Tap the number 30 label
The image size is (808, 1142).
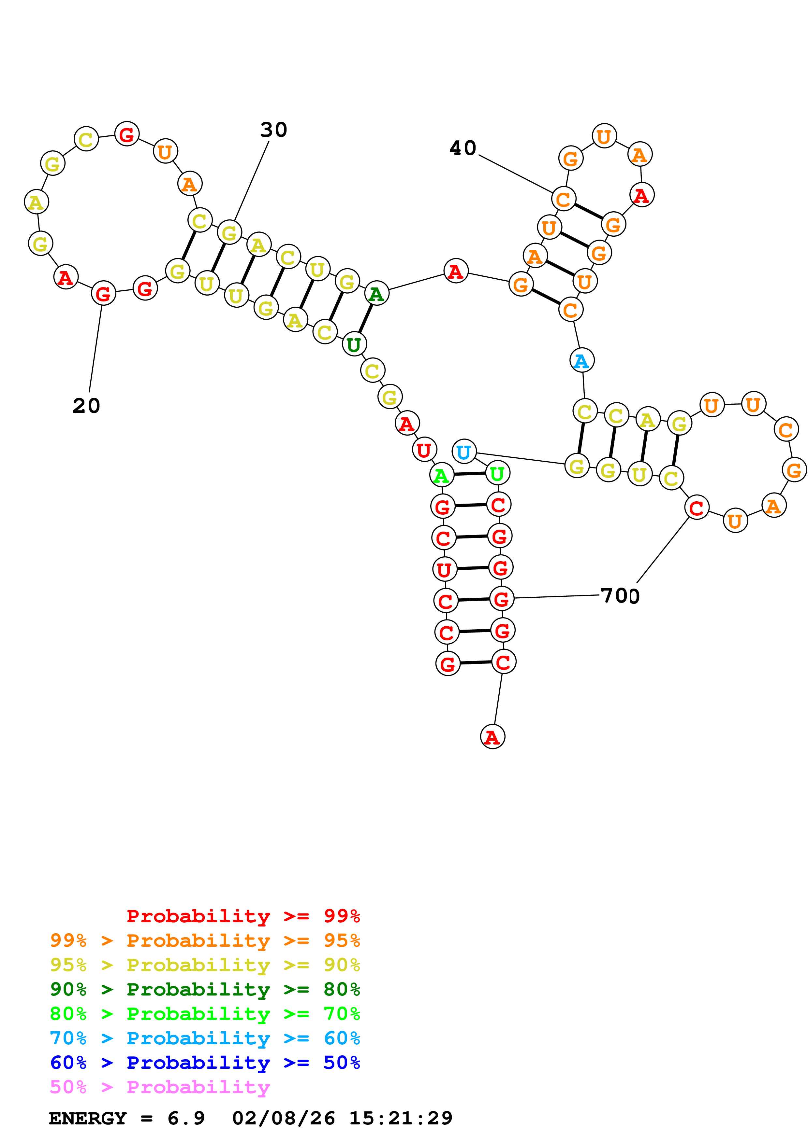[x=273, y=130]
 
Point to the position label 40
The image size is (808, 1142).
[x=463, y=148]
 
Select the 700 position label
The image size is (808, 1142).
[x=620, y=595]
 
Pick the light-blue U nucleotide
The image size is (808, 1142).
[x=463, y=452]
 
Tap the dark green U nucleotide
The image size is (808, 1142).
[x=354, y=344]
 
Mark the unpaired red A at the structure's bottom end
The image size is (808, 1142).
[x=492, y=737]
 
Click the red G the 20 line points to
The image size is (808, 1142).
[x=103, y=293]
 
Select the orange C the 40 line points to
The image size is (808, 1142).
[x=564, y=199]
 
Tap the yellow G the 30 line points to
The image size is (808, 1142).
[x=229, y=232]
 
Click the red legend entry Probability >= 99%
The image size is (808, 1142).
[x=243, y=916]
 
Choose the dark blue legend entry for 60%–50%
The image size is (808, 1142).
[x=205, y=1063]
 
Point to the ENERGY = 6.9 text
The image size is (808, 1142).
[x=126, y=1118]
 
